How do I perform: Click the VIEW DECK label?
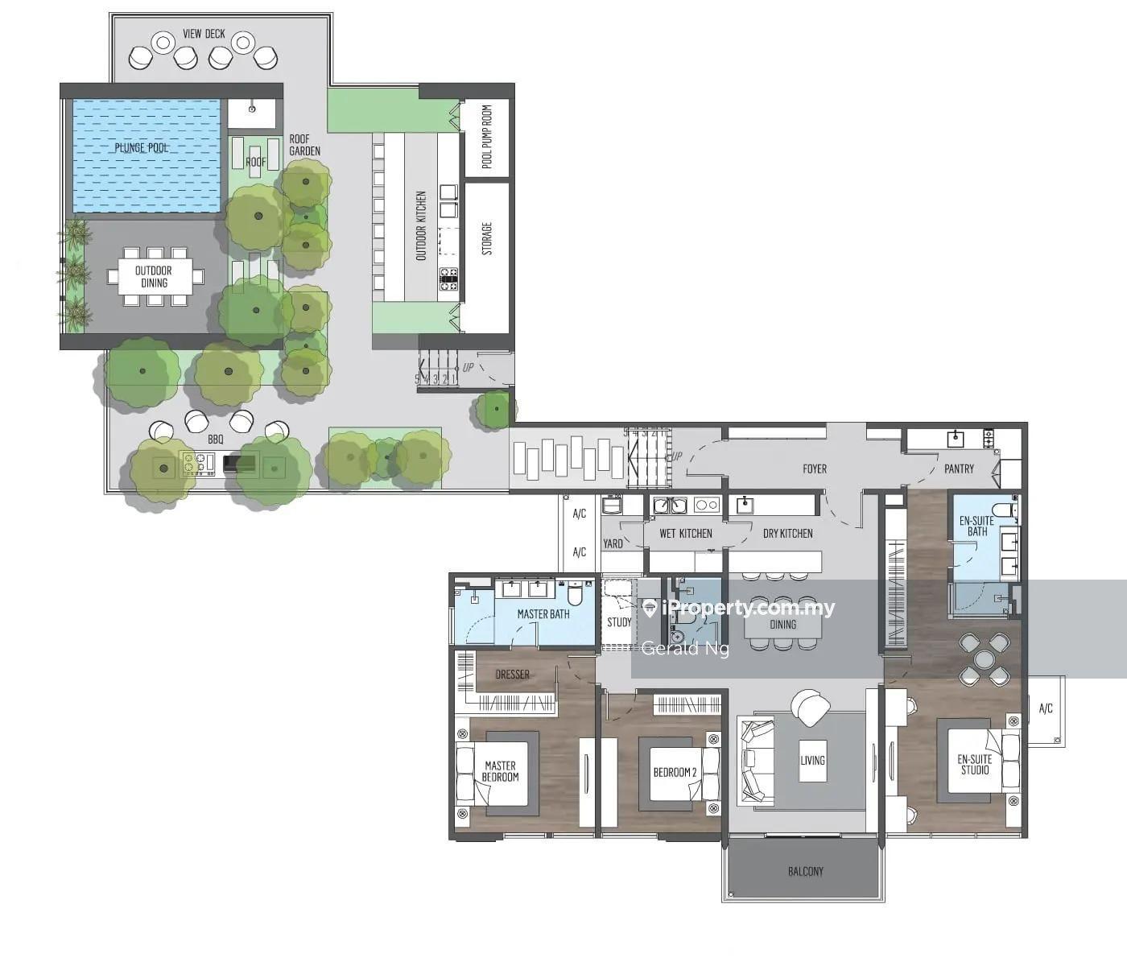[204, 34]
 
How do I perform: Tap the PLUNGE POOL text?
[141, 148]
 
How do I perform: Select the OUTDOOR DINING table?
[154, 277]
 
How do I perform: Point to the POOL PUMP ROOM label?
[487, 136]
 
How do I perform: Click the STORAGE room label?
[487, 238]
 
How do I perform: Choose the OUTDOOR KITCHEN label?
[421, 225]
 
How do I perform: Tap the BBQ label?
[216, 440]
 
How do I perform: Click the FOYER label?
[815, 469]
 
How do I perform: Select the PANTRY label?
[959, 469]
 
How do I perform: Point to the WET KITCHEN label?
[685, 534]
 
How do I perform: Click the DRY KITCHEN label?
[788, 534]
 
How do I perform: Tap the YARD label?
[613, 543]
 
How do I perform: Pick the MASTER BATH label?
[543, 614]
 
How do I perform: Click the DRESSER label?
[513, 675]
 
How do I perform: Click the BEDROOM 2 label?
[675, 773]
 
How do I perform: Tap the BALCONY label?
[805, 872]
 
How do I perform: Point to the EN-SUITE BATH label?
[976, 526]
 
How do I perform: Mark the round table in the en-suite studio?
[985, 659]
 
